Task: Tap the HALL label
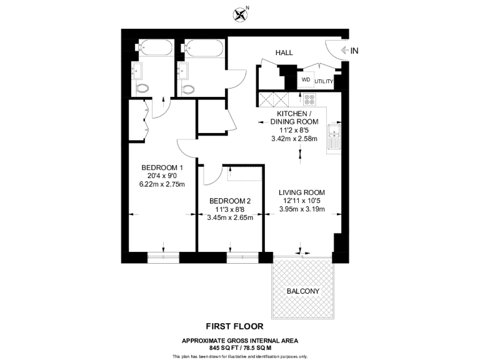coord(284,53)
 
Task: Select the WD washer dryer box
coord(306,80)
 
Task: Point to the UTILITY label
coord(324,82)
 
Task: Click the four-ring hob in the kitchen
coord(310,99)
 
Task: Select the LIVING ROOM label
coord(302,192)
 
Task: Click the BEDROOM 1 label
coord(162,167)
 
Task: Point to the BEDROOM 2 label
coord(230,201)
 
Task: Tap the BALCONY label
coord(302,291)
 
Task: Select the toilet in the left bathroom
coord(142,89)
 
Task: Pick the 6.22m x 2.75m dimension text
coord(162,184)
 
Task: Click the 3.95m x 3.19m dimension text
coord(302,209)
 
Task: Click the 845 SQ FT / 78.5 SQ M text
coord(239,347)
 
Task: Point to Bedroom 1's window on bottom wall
coord(163,257)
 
